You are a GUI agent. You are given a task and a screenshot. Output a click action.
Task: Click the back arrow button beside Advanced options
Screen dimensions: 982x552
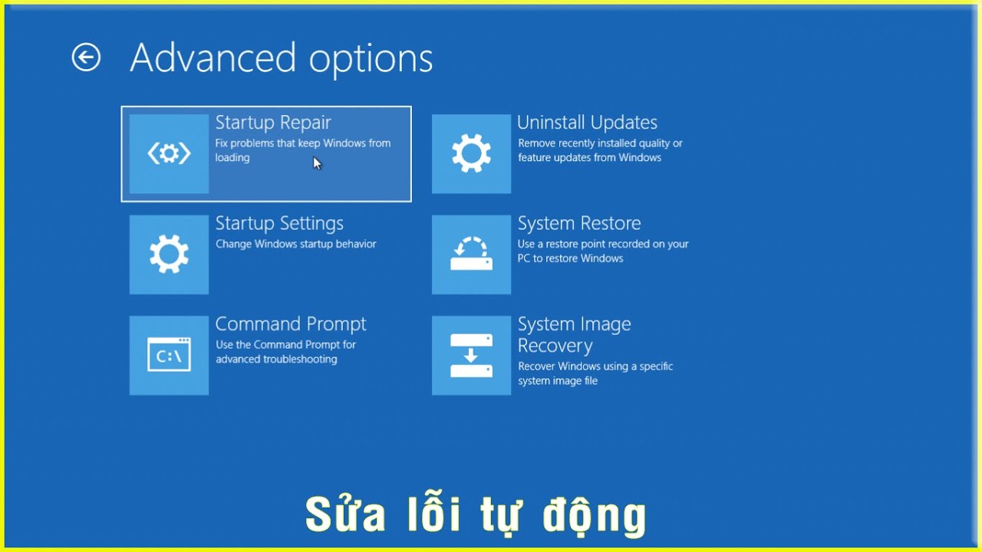[86, 57]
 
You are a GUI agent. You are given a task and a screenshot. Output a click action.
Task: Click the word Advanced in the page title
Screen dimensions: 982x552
[213, 58]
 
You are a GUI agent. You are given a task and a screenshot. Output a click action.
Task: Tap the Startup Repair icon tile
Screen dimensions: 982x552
[169, 154]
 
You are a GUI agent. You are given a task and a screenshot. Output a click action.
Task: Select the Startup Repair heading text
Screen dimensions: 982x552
[273, 123]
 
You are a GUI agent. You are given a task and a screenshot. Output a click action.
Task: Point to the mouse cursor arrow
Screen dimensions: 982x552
[317, 163]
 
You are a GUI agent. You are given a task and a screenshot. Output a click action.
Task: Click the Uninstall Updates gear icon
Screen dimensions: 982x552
[471, 154]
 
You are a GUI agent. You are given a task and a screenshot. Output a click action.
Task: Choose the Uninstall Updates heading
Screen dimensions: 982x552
[588, 123]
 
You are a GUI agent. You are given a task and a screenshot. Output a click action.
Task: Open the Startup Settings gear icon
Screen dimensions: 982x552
[169, 255]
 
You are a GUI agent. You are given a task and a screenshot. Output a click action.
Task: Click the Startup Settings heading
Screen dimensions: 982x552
[279, 224]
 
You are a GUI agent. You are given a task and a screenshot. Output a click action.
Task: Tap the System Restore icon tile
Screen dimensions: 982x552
[471, 255]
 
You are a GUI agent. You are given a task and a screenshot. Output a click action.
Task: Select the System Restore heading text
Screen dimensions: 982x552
[579, 223]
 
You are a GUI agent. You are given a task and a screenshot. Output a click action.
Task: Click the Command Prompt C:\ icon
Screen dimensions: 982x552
[169, 355]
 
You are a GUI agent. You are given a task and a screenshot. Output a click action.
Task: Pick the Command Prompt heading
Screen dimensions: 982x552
[291, 324]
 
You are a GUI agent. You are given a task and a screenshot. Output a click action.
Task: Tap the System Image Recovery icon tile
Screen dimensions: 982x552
[471, 355]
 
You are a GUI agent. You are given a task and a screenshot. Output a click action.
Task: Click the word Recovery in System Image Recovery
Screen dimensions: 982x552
[555, 346]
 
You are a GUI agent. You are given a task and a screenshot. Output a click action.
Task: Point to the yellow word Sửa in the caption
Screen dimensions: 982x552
[345, 513]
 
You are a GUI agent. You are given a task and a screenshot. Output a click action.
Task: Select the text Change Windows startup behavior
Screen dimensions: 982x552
[296, 244]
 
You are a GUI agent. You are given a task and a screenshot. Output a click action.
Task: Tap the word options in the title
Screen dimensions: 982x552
[371, 59]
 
